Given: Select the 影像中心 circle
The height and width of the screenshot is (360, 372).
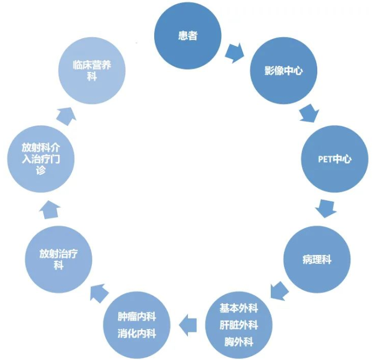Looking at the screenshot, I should (x=284, y=71).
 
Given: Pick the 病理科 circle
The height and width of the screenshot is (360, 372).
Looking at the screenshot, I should (x=317, y=259).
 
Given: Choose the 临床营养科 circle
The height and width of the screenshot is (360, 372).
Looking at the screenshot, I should (x=92, y=71).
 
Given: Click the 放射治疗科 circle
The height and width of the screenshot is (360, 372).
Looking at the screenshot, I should (x=59, y=259).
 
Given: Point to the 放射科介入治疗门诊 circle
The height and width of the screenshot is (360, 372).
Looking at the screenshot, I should (x=42, y=159).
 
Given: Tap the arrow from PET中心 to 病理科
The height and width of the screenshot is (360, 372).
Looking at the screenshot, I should (x=325, y=209).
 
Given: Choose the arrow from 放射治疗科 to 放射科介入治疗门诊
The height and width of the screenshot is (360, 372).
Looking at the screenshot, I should (x=49, y=209).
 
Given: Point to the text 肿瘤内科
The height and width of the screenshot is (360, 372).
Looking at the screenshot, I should (x=137, y=317).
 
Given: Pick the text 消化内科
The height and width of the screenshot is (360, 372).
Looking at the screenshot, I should (x=137, y=334).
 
